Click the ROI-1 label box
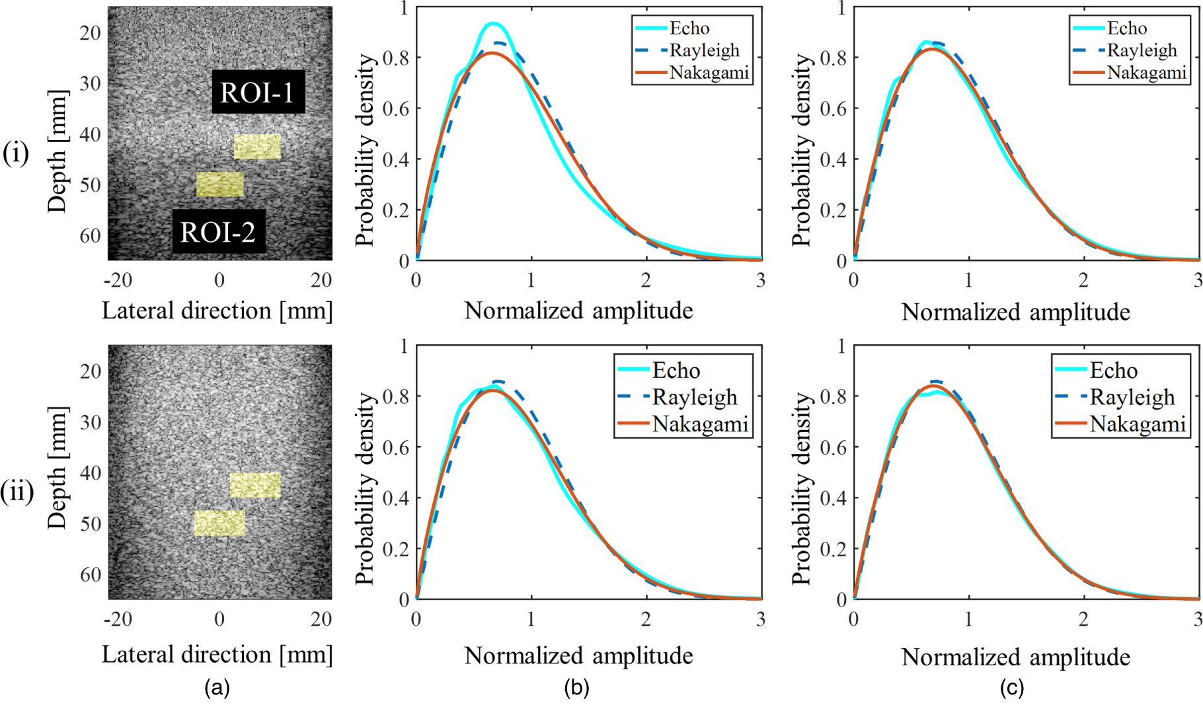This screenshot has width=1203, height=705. point(258,92)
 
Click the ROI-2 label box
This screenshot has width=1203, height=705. point(219,232)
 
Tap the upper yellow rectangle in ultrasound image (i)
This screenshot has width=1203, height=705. point(257,147)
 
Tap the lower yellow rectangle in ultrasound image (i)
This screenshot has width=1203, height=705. point(220,184)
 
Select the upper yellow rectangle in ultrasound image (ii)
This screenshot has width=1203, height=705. point(255,485)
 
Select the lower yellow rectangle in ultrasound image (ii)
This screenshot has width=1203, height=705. point(219,523)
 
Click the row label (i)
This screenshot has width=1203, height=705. point(16,153)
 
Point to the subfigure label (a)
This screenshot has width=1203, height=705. point(217,688)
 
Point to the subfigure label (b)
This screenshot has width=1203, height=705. point(576,688)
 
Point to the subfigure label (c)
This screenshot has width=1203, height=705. point(1011,688)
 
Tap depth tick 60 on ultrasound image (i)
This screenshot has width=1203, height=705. point(90,236)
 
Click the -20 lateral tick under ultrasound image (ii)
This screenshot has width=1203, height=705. point(118,619)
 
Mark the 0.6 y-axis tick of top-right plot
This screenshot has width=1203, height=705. point(833,108)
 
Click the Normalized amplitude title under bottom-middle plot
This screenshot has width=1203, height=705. point(578,655)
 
